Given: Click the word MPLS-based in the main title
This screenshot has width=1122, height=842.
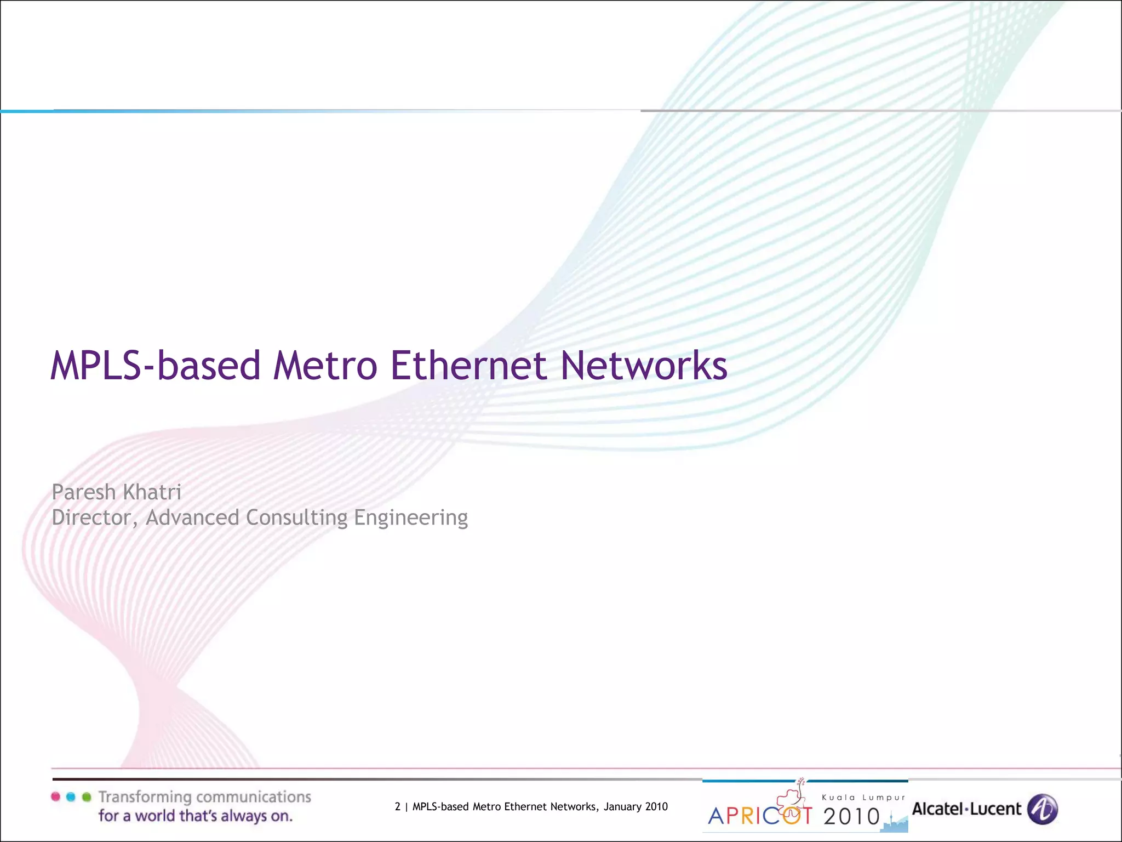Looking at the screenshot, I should pos(155,366).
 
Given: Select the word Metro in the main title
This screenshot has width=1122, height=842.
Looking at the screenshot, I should pos(325,366).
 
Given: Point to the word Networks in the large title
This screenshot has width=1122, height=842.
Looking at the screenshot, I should pos(644,366).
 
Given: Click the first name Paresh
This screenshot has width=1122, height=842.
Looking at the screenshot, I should pos(83,492).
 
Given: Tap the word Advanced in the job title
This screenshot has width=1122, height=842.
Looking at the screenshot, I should pos(192,517).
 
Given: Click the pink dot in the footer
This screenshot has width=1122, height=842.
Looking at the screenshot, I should pos(55,797).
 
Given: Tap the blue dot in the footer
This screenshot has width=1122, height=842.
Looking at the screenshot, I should pos(71,797).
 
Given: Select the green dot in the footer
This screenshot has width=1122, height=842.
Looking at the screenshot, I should pos(86,797).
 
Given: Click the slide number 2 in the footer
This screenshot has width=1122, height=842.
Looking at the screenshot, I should pos(398,806).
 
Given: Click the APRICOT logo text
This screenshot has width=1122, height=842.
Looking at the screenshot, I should pos(760,816).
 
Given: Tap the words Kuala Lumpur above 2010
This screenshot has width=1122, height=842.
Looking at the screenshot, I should pos(863,798).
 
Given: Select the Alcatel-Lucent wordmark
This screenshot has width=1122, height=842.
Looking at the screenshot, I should pos(966,809).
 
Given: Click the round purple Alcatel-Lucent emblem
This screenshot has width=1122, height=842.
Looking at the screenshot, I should pos(1042,809).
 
